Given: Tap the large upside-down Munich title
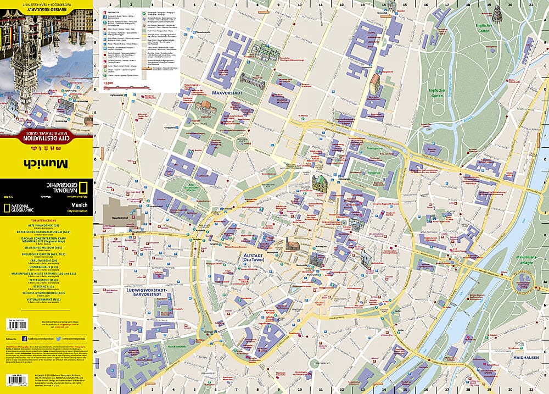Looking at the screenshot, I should click(x=46, y=163).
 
